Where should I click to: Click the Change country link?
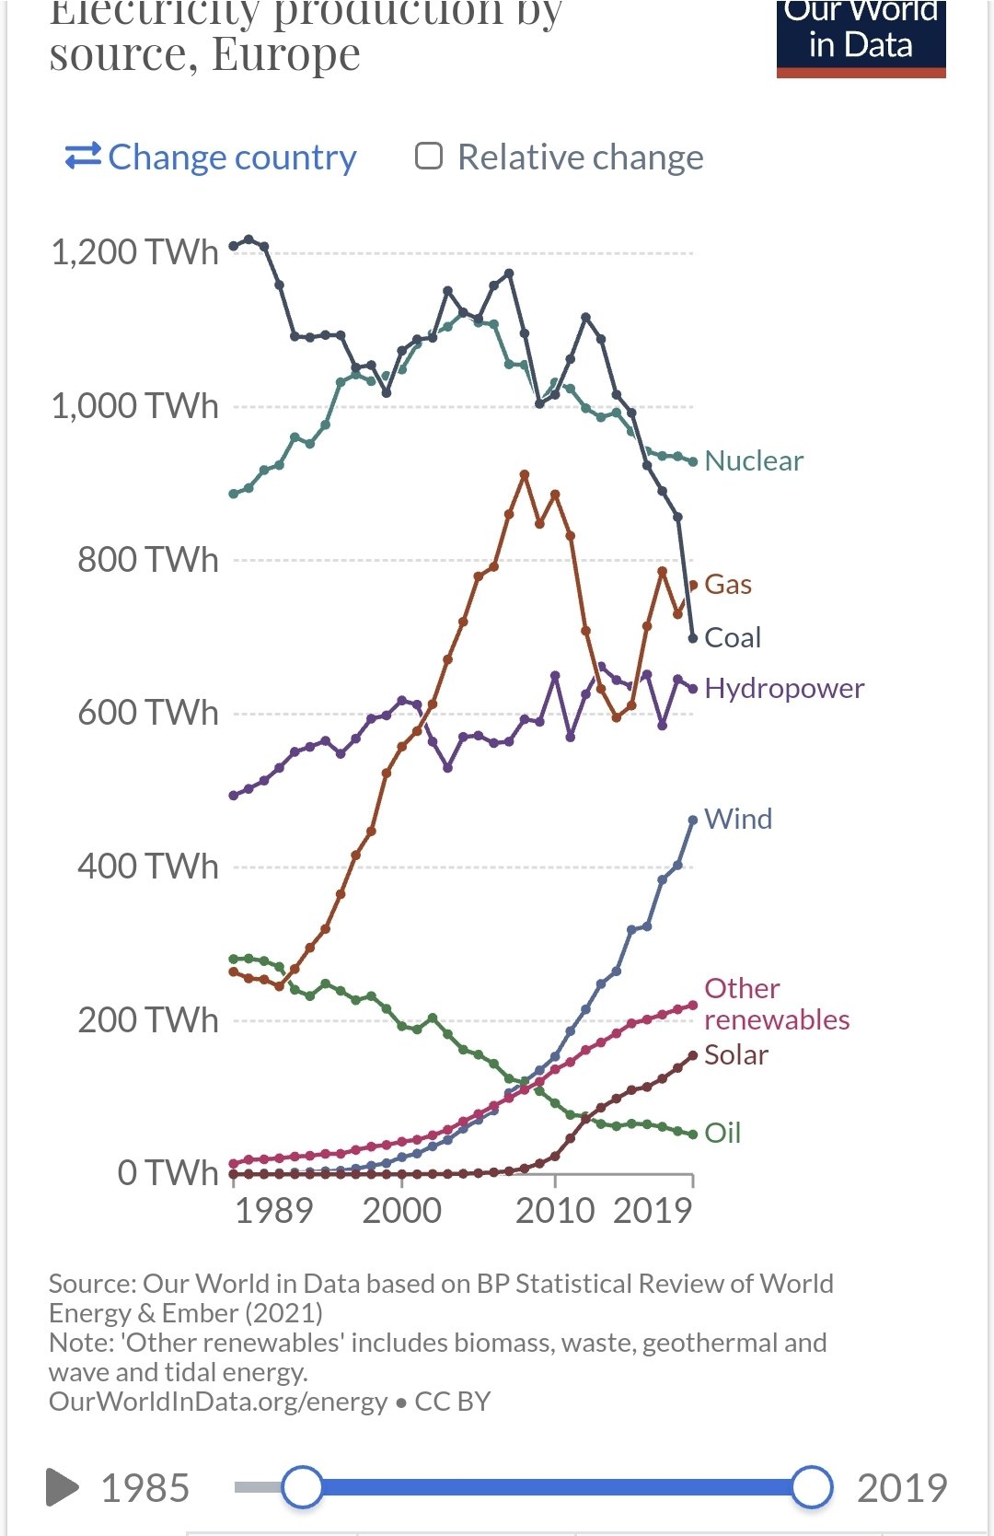[x=212, y=157]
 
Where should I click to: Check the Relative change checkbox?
[x=429, y=157]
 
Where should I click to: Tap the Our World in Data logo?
[x=861, y=37]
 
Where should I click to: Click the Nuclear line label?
[x=753, y=460]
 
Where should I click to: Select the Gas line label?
[x=727, y=585]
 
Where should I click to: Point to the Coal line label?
[x=732, y=637]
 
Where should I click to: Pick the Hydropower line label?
[x=783, y=688]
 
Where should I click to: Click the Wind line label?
[x=737, y=819]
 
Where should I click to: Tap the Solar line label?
[x=735, y=1054]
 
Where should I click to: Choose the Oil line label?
[x=722, y=1133]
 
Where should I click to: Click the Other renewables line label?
[x=776, y=1004]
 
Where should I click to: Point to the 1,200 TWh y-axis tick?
[x=134, y=252]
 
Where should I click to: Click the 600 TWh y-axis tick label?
[x=147, y=713]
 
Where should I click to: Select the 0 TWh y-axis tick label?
[x=168, y=1173]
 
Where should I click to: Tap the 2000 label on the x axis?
[x=401, y=1210]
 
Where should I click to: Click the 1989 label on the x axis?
[x=273, y=1210]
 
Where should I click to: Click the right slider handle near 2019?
[x=812, y=1487]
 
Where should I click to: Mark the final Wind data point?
[x=693, y=820]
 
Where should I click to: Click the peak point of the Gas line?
[x=525, y=475]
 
